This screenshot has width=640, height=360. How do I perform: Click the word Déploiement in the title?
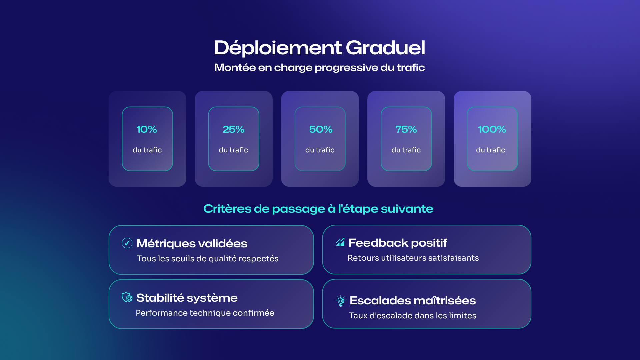[278, 48]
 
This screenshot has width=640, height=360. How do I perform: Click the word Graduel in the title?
[385, 48]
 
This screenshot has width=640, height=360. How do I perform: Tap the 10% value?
[147, 129]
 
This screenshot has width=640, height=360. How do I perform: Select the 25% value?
[233, 129]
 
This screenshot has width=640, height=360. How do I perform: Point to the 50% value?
[321, 129]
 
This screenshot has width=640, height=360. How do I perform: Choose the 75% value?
[406, 129]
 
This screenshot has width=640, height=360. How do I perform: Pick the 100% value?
[492, 129]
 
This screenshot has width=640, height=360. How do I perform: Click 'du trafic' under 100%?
[491, 150]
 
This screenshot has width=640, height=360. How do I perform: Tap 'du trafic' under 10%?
[147, 150]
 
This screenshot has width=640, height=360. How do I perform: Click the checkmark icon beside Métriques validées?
[127, 243]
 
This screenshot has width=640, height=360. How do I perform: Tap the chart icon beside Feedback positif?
[340, 242]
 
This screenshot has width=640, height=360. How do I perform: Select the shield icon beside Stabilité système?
[127, 297]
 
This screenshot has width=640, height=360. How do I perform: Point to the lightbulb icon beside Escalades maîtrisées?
[341, 301]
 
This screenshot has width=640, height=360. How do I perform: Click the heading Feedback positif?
[398, 243]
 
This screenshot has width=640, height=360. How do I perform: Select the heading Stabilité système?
[187, 298]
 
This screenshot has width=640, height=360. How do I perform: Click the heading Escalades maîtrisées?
[413, 301]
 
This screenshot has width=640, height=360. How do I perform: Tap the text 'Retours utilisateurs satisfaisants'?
[413, 258]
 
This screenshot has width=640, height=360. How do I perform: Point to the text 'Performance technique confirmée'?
[205, 313]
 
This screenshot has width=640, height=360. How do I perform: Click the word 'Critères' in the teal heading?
[227, 209]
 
